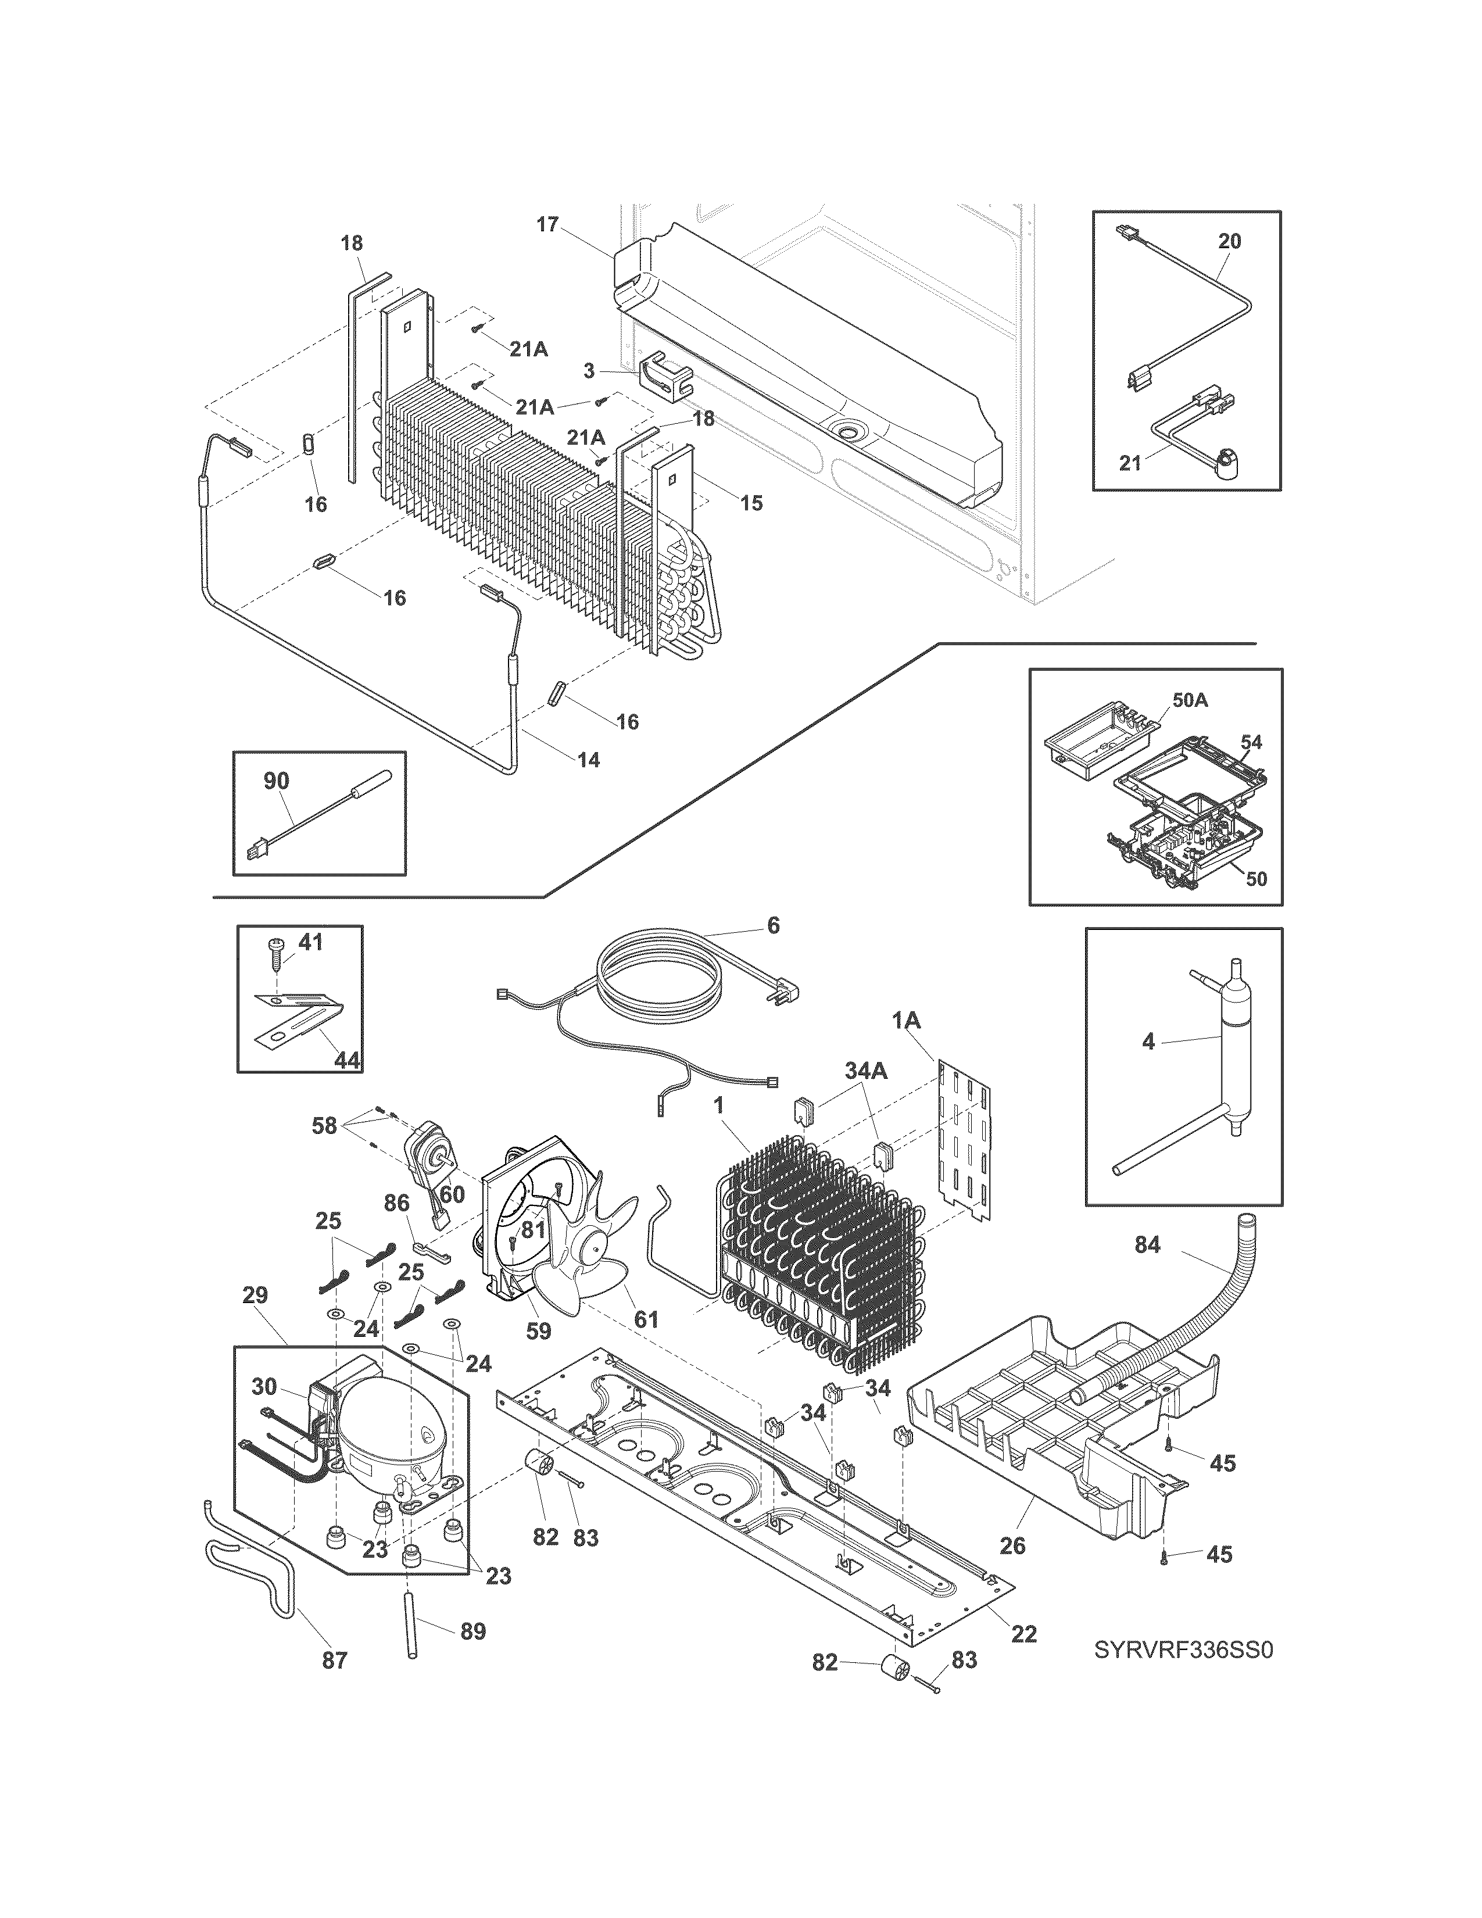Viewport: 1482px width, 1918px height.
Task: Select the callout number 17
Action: point(547,225)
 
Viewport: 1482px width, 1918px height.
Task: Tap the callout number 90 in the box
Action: point(277,781)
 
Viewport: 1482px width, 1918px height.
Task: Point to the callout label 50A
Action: point(1190,701)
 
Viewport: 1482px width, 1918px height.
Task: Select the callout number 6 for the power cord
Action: point(772,925)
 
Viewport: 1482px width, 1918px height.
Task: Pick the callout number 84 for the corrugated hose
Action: point(1147,1244)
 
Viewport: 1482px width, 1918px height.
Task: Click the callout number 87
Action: point(335,1660)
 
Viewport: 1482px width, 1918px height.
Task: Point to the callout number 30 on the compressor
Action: point(264,1387)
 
